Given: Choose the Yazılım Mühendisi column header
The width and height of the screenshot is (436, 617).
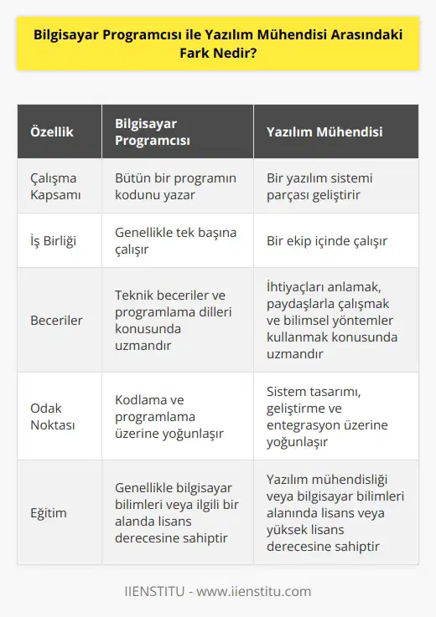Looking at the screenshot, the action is pyautogui.click(x=324, y=132).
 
